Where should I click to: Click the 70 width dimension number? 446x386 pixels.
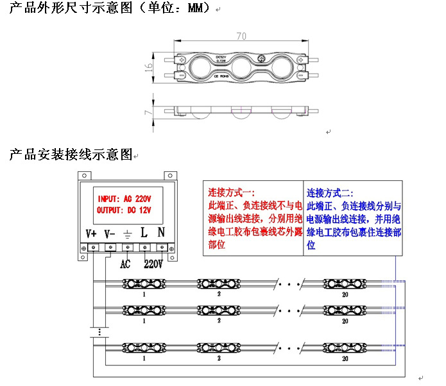tap(241, 36)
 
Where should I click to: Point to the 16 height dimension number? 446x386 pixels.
tap(149, 66)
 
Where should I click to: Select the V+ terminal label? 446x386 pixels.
tap(91, 233)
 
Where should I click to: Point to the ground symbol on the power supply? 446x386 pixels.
tap(128, 234)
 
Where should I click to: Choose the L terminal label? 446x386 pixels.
tap(144, 233)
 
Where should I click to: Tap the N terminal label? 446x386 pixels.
tap(161, 233)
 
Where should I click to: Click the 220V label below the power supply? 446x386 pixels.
tap(153, 264)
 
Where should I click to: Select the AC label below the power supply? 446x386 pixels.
tap(126, 264)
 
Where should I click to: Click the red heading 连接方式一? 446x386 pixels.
tap(232, 193)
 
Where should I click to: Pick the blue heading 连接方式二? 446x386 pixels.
tap(330, 193)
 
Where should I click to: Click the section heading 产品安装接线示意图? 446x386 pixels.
tap(71, 155)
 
